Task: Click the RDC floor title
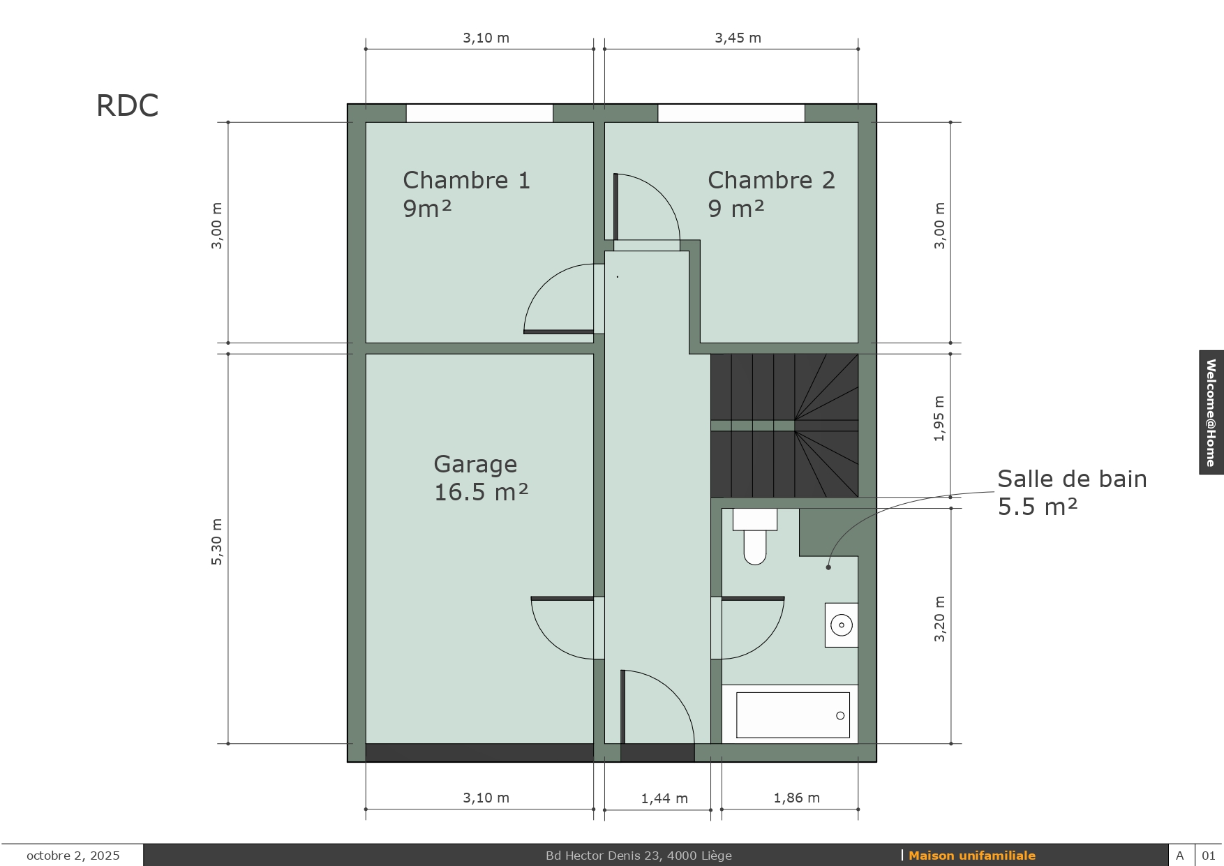click(127, 106)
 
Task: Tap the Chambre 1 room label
click(466, 194)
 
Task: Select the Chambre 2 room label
click(771, 194)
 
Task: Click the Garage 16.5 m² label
click(481, 478)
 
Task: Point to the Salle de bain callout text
click(1072, 493)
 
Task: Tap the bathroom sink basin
click(842, 625)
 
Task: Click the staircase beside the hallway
click(784, 426)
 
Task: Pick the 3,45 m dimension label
click(738, 38)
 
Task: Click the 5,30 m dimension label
click(217, 542)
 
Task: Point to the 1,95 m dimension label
click(939, 419)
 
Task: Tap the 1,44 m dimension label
click(664, 798)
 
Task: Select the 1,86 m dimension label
click(796, 798)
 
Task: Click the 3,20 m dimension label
click(939, 619)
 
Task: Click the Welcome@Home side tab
click(1211, 412)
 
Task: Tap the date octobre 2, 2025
click(73, 856)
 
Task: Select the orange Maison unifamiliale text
click(972, 856)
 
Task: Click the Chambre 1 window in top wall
click(479, 113)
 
